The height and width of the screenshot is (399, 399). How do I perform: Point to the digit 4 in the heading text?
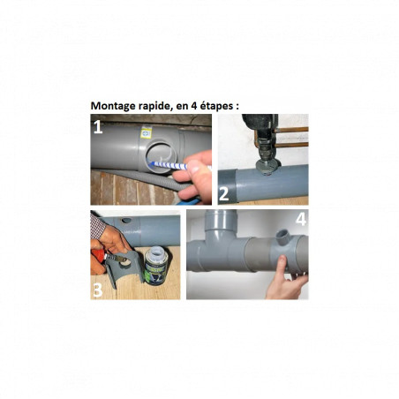tap(194, 106)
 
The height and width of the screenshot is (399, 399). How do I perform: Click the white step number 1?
tap(98, 127)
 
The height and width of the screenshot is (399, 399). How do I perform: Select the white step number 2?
tap(224, 194)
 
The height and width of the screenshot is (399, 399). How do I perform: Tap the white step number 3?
tap(98, 290)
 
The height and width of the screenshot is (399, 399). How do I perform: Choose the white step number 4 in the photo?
tap(301, 219)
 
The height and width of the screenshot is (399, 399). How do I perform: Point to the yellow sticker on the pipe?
tap(147, 133)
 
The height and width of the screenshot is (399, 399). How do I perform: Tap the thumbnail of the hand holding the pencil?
tap(192, 177)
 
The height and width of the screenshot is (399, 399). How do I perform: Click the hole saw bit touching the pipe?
tap(268, 167)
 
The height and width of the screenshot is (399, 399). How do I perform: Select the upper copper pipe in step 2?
tap(291, 130)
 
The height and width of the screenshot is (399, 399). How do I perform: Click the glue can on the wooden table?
tap(156, 266)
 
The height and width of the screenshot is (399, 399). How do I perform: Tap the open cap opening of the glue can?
tap(157, 251)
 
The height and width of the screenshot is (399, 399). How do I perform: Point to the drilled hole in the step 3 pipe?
tap(126, 221)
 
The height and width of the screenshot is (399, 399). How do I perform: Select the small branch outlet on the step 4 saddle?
tap(283, 236)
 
